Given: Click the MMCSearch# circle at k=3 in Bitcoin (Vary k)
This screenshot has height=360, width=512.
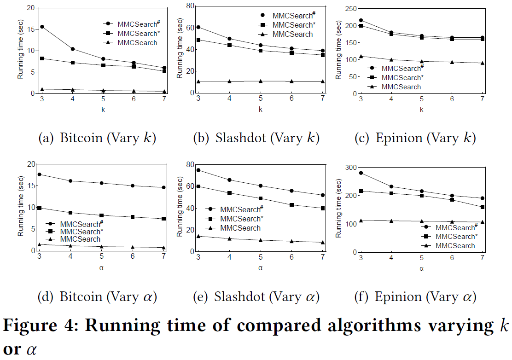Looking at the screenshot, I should point(42,27).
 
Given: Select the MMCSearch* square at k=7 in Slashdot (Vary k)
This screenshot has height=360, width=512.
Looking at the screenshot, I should point(323,55).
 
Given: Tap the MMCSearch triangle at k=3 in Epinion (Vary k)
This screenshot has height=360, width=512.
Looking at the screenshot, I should point(361,57).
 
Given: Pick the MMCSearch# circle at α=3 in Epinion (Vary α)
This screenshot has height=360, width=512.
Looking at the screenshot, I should point(361,173).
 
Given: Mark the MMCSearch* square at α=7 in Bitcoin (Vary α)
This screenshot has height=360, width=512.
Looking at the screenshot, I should point(164,219).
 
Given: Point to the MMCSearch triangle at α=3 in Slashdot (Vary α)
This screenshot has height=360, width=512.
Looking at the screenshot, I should point(198,236).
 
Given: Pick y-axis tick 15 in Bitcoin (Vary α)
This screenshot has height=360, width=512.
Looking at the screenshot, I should point(31,186).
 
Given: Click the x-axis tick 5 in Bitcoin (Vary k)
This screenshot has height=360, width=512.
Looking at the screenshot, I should point(103,99).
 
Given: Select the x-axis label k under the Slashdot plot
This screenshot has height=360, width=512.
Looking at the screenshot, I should point(260,110).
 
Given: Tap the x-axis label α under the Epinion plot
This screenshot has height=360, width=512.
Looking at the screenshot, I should point(421,268).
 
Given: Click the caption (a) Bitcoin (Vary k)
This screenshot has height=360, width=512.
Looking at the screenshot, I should point(97,138).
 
